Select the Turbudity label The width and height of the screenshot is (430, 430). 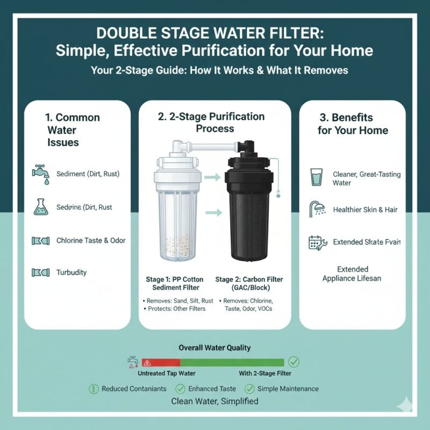pos(71,273)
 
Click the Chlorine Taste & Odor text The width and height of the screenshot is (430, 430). pos(91,240)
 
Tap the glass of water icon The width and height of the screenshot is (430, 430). pos(317,177)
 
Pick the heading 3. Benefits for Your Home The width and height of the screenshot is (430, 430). pos(352,124)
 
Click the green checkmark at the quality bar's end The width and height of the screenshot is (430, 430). pos(294,362)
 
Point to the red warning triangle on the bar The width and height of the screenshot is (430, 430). pos(147,362)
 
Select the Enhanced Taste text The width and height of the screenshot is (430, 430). pos(212,389)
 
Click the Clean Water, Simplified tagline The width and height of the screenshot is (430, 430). pos(214,402)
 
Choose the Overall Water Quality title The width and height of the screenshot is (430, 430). pos(214,348)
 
